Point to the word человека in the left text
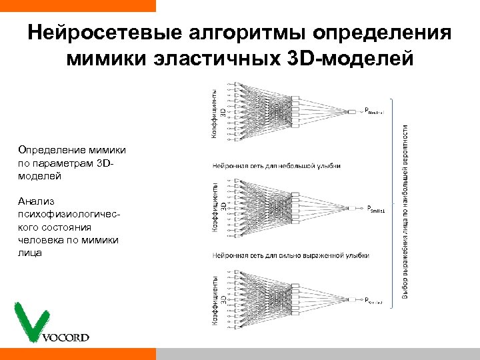[39, 240]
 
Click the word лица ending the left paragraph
[30, 253]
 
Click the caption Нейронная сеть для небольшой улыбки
[276, 165]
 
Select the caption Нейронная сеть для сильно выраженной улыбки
[291, 255]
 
